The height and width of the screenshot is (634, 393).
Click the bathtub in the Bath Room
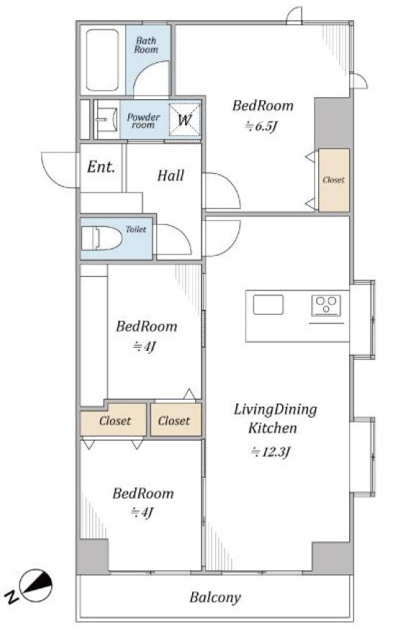point(102,60)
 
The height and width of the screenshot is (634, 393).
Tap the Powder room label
point(143,121)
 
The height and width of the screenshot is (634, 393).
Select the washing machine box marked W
point(184,119)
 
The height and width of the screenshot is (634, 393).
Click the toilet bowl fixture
point(102,238)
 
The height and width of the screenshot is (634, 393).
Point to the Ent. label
point(101,167)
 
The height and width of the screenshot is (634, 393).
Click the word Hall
point(171,175)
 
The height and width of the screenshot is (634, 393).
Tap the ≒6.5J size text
point(261,127)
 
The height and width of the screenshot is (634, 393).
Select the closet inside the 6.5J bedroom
point(334,180)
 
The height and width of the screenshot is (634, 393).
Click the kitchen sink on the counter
point(268,305)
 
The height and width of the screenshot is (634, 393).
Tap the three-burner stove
point(326,305)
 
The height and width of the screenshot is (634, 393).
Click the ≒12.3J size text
point(271,451)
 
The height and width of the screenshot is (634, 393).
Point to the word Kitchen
point(272,428)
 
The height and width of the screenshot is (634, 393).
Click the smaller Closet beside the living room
point(176,420)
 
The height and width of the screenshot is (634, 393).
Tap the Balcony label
point(215,597)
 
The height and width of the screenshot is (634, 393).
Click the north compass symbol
point(35,585)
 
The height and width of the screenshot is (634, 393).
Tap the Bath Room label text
point(146,45)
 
